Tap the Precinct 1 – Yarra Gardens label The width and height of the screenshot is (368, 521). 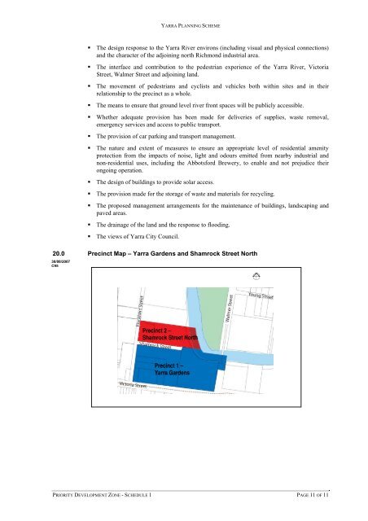point(173,370)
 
